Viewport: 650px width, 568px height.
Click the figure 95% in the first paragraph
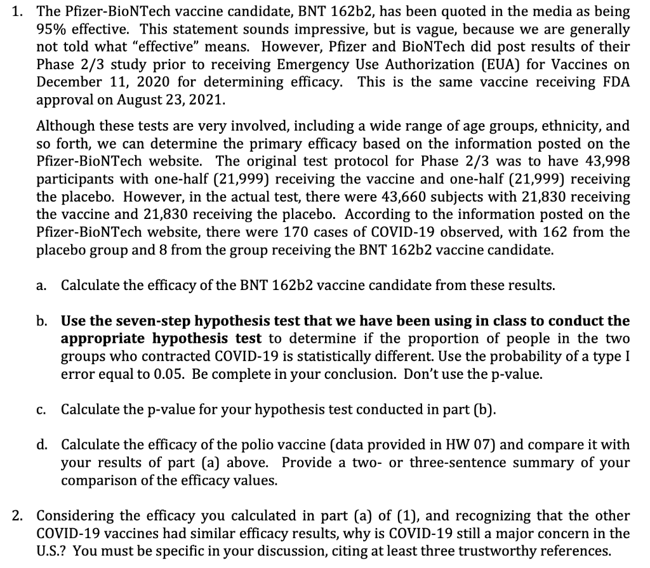click(x=51, y=29)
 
